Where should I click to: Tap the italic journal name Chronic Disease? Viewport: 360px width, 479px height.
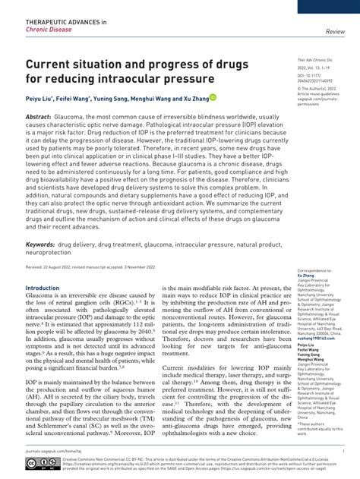48,31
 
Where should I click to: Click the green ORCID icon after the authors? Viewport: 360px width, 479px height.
213,97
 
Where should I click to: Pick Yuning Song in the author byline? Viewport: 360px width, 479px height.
112,98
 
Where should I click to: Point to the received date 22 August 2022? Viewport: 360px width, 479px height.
65,267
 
